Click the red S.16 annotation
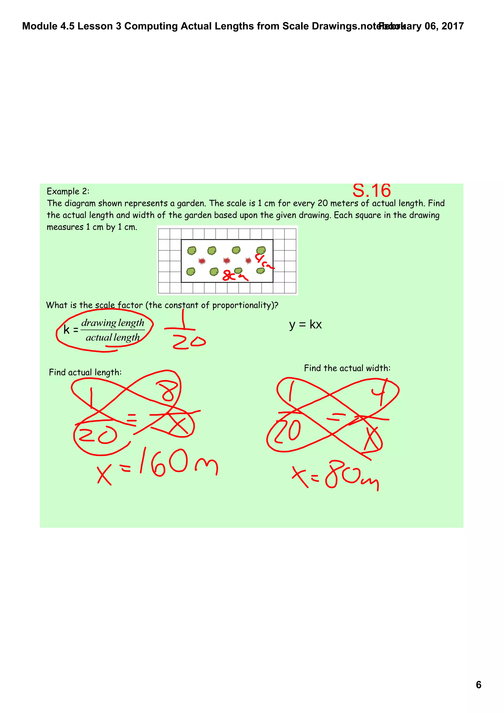coord(371,190)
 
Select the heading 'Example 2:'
coord(68,191)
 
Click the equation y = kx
coord(305,325)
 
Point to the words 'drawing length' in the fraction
coord(113,323)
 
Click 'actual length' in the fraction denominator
coord(113,337)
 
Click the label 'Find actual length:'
coord(85,372)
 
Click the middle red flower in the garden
coord(227,260)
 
